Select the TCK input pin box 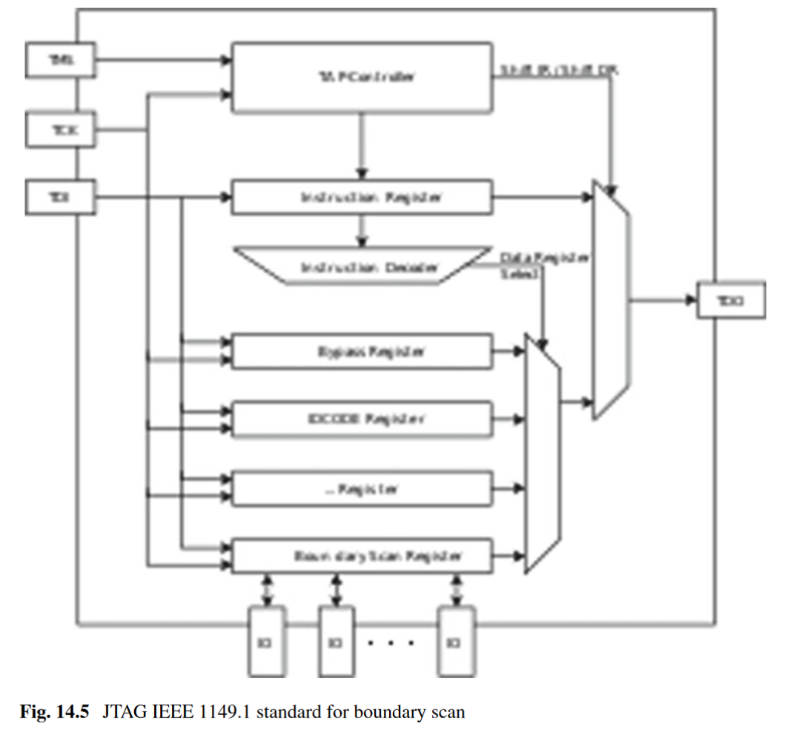(x=60, y=130)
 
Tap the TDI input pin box (x=60, y=197)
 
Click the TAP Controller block (x=362, y=77)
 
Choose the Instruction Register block (x=362, y=198)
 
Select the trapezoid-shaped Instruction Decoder (x=362, y=265)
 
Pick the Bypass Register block (x=362, y=352)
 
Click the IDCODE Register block (x=362, y=419)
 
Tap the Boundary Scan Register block (x=362, y=556)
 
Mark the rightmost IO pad (x=454, y=641)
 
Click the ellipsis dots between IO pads (x=390, y=642)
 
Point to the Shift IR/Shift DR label (x=559, y=71)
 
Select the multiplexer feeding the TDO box (x=611, y=301)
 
